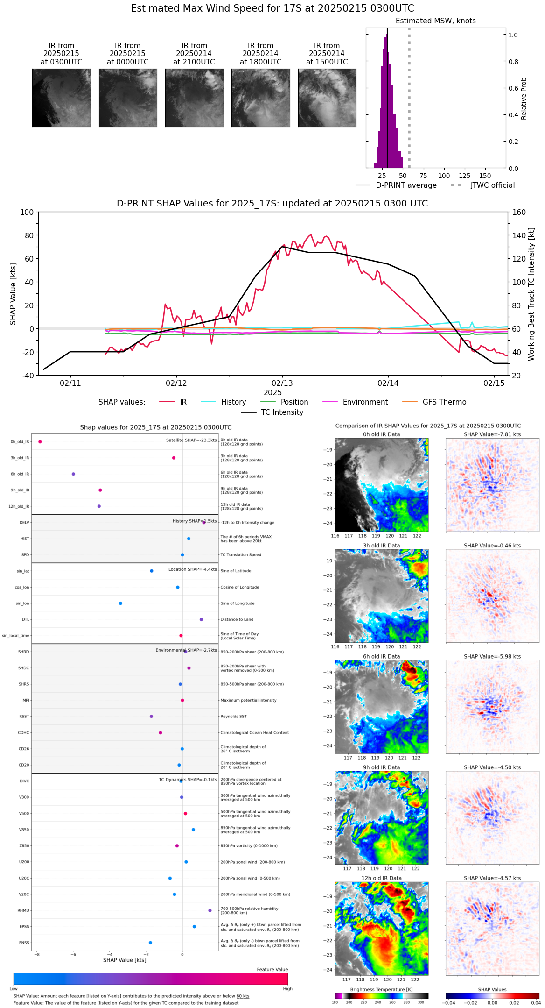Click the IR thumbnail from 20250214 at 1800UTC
(260, 98)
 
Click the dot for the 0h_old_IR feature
(40, 442)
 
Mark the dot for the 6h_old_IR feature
(73, 474)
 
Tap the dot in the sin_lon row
(120, 603)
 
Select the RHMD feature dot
(210, 910)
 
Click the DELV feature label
(24, 523)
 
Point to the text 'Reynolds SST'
(233, 717)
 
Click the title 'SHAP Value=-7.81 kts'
(492, 434)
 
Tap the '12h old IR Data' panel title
(381, 878)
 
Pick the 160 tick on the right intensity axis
(519, 213)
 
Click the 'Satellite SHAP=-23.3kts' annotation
(191, 440)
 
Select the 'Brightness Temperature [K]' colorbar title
(381, 989)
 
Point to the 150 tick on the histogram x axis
(485, 176)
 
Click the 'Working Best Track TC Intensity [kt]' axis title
(531, 294)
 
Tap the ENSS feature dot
(150, 943)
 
